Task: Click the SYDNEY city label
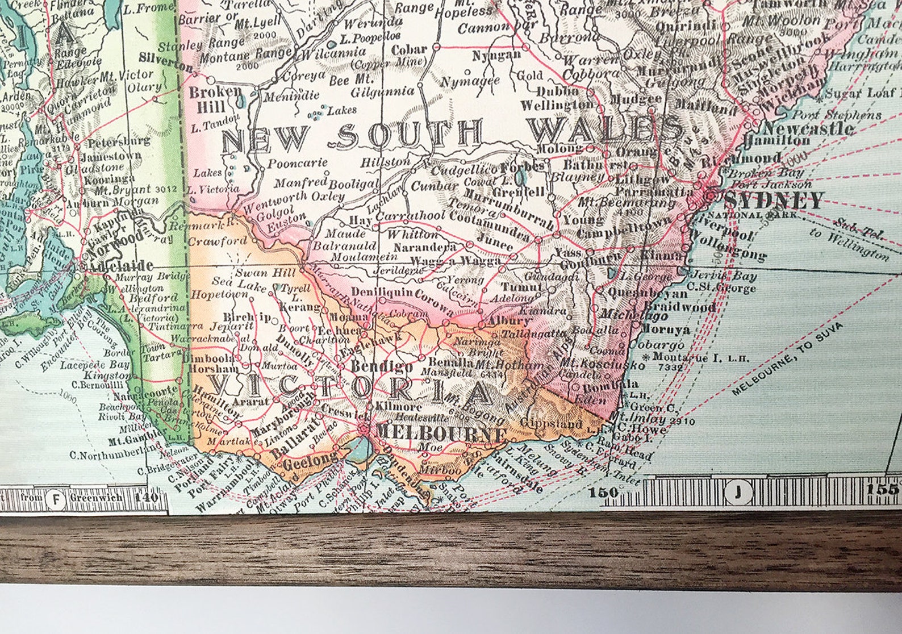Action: [x=773, y=201]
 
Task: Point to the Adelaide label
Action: [x=119, y=266]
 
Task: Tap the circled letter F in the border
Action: [x=56, y=498]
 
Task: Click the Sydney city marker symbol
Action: [x=710, y=196]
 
